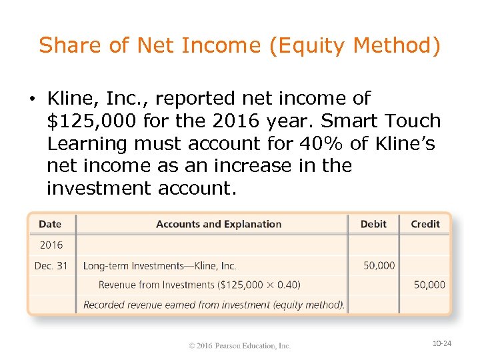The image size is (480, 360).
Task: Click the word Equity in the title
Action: [x=313, y=46]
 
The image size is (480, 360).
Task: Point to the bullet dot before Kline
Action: [x=32, y=99]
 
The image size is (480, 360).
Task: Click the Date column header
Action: [x=50, y=224]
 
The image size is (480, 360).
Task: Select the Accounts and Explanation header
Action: [x=219, y=224]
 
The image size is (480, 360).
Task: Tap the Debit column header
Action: [x=373, y=224]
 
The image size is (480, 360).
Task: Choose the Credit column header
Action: [x=425, y=224]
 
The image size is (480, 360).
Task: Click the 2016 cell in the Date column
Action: [x=51, y=245]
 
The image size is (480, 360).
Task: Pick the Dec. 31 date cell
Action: [x=51, y=265]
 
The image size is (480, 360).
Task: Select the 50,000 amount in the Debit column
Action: [x=379, y=265]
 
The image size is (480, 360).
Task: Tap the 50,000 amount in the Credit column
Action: [x=429, y=285]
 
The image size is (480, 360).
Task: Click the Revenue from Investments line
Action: [x=199, y=285]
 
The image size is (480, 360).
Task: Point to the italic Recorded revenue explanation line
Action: [x=213, y=305]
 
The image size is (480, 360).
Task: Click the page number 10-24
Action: [x=442, y=343]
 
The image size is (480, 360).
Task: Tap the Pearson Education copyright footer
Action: [x=239, y=345]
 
